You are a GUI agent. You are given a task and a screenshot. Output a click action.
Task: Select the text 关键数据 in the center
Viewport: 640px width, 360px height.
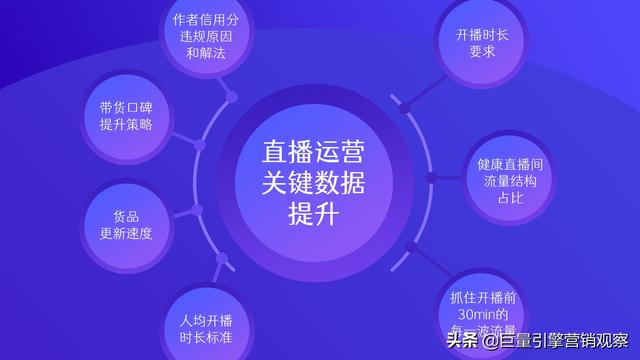point(313,183)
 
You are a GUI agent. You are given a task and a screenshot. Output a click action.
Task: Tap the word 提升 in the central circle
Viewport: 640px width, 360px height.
point(313,214)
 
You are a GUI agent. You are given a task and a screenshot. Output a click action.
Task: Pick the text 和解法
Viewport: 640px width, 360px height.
point(205,53)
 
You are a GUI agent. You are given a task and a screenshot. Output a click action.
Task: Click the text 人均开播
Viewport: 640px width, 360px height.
point(206,320)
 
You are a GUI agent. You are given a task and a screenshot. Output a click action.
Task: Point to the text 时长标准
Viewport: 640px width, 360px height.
point(206,338)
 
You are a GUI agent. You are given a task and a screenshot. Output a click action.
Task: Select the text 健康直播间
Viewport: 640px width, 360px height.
point(510,163)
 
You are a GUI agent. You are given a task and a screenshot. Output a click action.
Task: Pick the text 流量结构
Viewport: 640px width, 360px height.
point(510,181)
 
